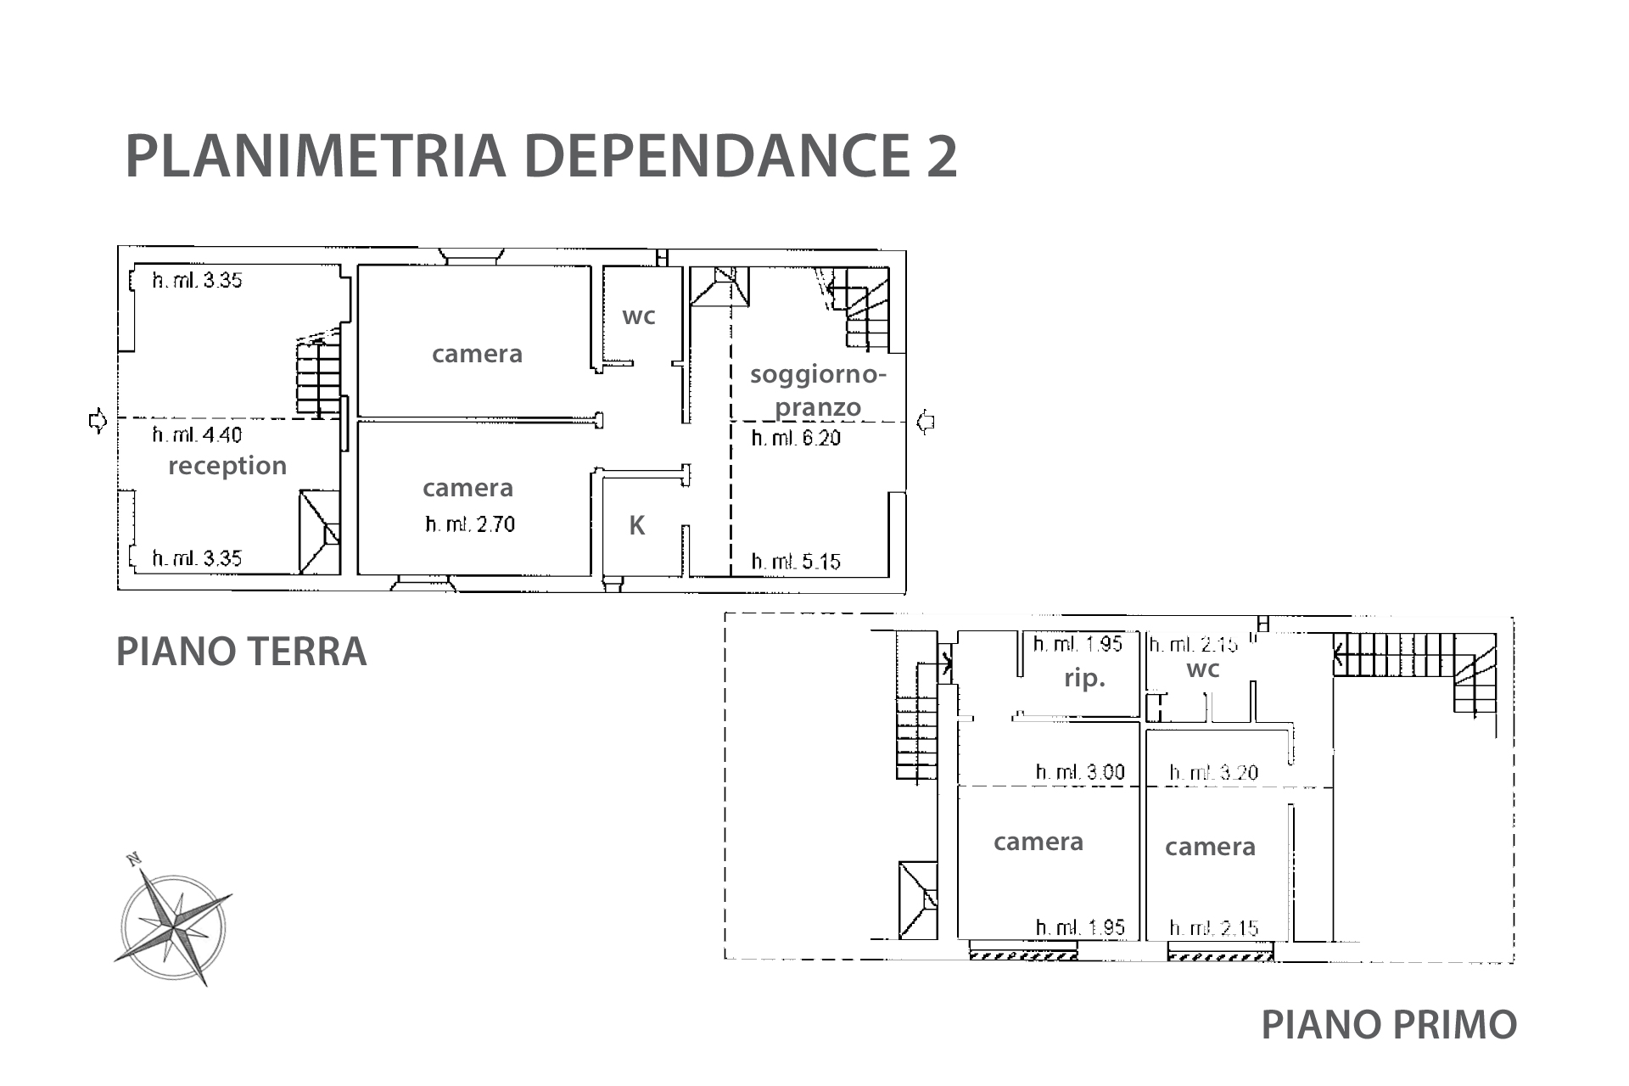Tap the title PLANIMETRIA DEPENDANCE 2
point(541,156)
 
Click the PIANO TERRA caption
point(241,652)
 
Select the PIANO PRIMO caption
point(1389,1024)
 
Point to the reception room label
point(227,466)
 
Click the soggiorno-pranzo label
point(818,390)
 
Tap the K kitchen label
point(636,526)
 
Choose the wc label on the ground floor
point(639,316)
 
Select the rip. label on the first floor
point(1085,680)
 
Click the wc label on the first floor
point(1203,669)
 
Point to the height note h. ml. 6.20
point(796,438)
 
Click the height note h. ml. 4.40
point(197,435)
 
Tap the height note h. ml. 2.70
point(470,524)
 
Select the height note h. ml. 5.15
point(796,562)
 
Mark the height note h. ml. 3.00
point(1080,772)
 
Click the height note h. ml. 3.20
point(1214,772)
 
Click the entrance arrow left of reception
point(98,420)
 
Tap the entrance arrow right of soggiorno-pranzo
point(926,421)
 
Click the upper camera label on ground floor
point(477,354)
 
